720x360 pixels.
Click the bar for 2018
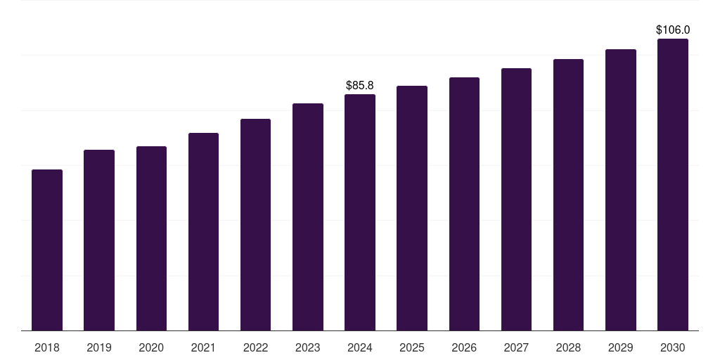47,250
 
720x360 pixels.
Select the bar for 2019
99,240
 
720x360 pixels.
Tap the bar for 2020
151,238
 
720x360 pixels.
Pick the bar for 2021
203,231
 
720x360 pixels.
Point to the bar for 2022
255,224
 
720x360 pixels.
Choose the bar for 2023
308,217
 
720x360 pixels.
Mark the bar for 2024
360,212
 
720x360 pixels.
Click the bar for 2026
464,204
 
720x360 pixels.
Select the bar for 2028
568,195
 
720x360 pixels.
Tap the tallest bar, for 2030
673,184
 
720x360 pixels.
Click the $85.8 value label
360,85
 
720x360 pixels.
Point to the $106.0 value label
673,30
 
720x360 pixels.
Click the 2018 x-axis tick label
47,347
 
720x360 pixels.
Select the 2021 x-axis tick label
203,347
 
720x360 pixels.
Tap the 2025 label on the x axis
412,347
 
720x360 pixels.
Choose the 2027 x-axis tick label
516,347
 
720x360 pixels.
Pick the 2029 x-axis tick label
620,347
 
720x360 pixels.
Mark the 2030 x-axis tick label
673,347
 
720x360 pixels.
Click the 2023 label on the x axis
308,347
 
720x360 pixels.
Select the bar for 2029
620,190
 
